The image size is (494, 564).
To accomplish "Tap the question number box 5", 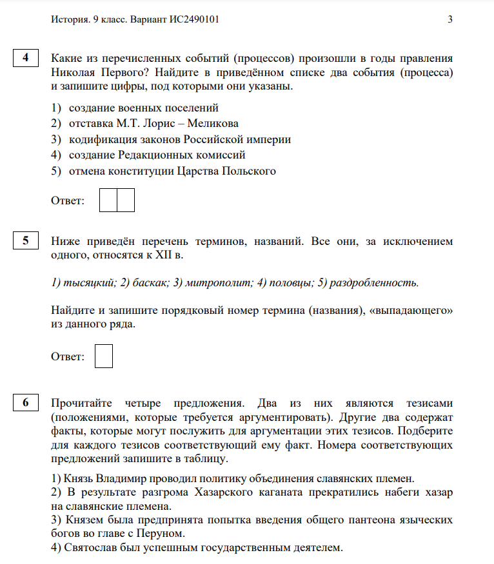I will click(x=26, y=242).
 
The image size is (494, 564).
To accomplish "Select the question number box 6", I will click(x=26, y=404).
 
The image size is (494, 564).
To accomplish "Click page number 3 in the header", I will click(x=450, y=19).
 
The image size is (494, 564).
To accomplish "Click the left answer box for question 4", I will click(x=109, y=200).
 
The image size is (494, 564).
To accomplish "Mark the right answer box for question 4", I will click(x=126, y=200).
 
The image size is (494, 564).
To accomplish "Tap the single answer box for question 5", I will click(x=104, y=356).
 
